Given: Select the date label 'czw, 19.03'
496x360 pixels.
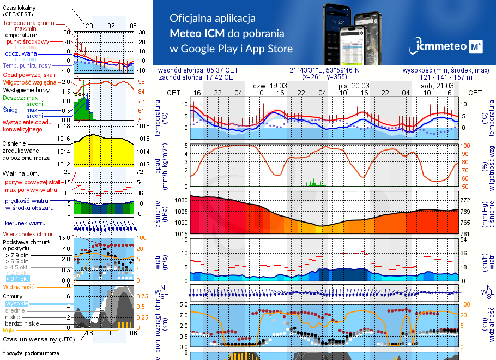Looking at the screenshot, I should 270,86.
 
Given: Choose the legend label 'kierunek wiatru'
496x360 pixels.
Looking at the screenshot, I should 26,224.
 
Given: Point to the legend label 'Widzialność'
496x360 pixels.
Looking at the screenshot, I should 19,286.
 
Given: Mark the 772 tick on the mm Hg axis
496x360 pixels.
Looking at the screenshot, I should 464,201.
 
